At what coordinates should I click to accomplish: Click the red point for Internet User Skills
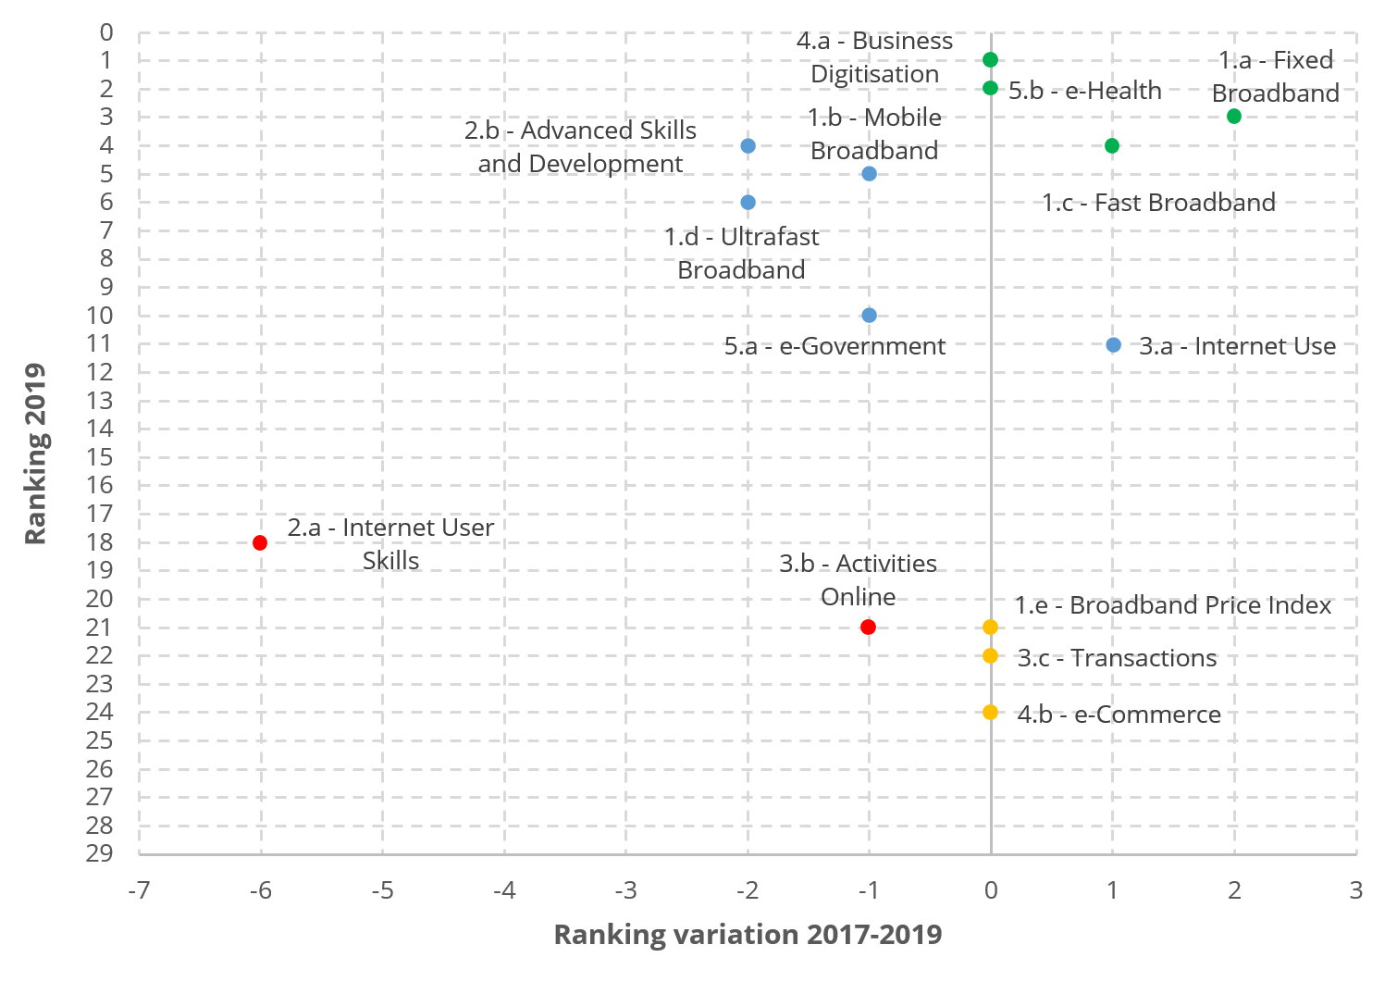click(260, 542)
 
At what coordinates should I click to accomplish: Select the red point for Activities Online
click(868, 627)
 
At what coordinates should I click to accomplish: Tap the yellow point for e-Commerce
click(990, 712)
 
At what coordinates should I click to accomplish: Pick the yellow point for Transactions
click(990, 655)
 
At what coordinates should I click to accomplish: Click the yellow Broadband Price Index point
click(990, 627)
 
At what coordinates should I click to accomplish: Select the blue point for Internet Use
click(1113, 344)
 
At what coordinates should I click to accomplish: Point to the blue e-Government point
click(869, 315)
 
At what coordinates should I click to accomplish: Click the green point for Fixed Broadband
click(1233, 116)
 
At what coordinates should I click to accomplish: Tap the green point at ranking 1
click(990, 59)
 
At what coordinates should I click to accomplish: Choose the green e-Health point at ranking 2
click(990, 88)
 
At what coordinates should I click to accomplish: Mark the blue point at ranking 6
click(748, 202)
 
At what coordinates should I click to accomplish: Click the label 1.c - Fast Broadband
click(1158, 202)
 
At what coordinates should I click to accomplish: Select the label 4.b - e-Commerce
click(1119, 714)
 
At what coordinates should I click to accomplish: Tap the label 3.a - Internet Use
click(1237, 346)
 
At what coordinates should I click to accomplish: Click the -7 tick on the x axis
click(139, 889)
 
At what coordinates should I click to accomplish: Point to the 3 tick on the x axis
click(1355, 889)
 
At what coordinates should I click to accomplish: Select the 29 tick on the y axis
click(100, 852)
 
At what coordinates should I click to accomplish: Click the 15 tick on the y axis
click(100, 456)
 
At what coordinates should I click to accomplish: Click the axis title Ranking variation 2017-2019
click(748, 934)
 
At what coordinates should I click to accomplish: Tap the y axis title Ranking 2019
click(35, 454)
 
